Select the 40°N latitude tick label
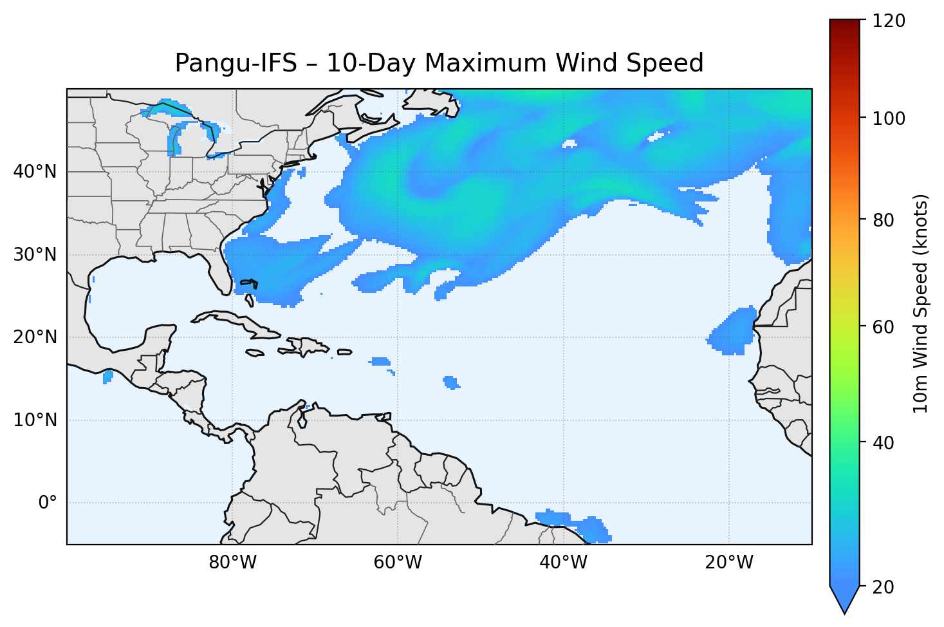pos(35,172)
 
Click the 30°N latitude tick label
pos(35,255)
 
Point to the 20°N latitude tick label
pos(35,337)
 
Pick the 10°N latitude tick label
pos(35,420)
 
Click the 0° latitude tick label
pos(48,503)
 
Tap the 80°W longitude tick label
pos(232,563)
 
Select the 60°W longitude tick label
pos(398,563)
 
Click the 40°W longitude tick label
pos(563,563)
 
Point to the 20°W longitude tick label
pos(728,563)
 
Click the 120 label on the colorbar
pos(888,21)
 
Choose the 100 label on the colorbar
pos(888,118)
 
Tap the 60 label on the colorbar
pos(884,327)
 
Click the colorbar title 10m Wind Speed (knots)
pos(921,303)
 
